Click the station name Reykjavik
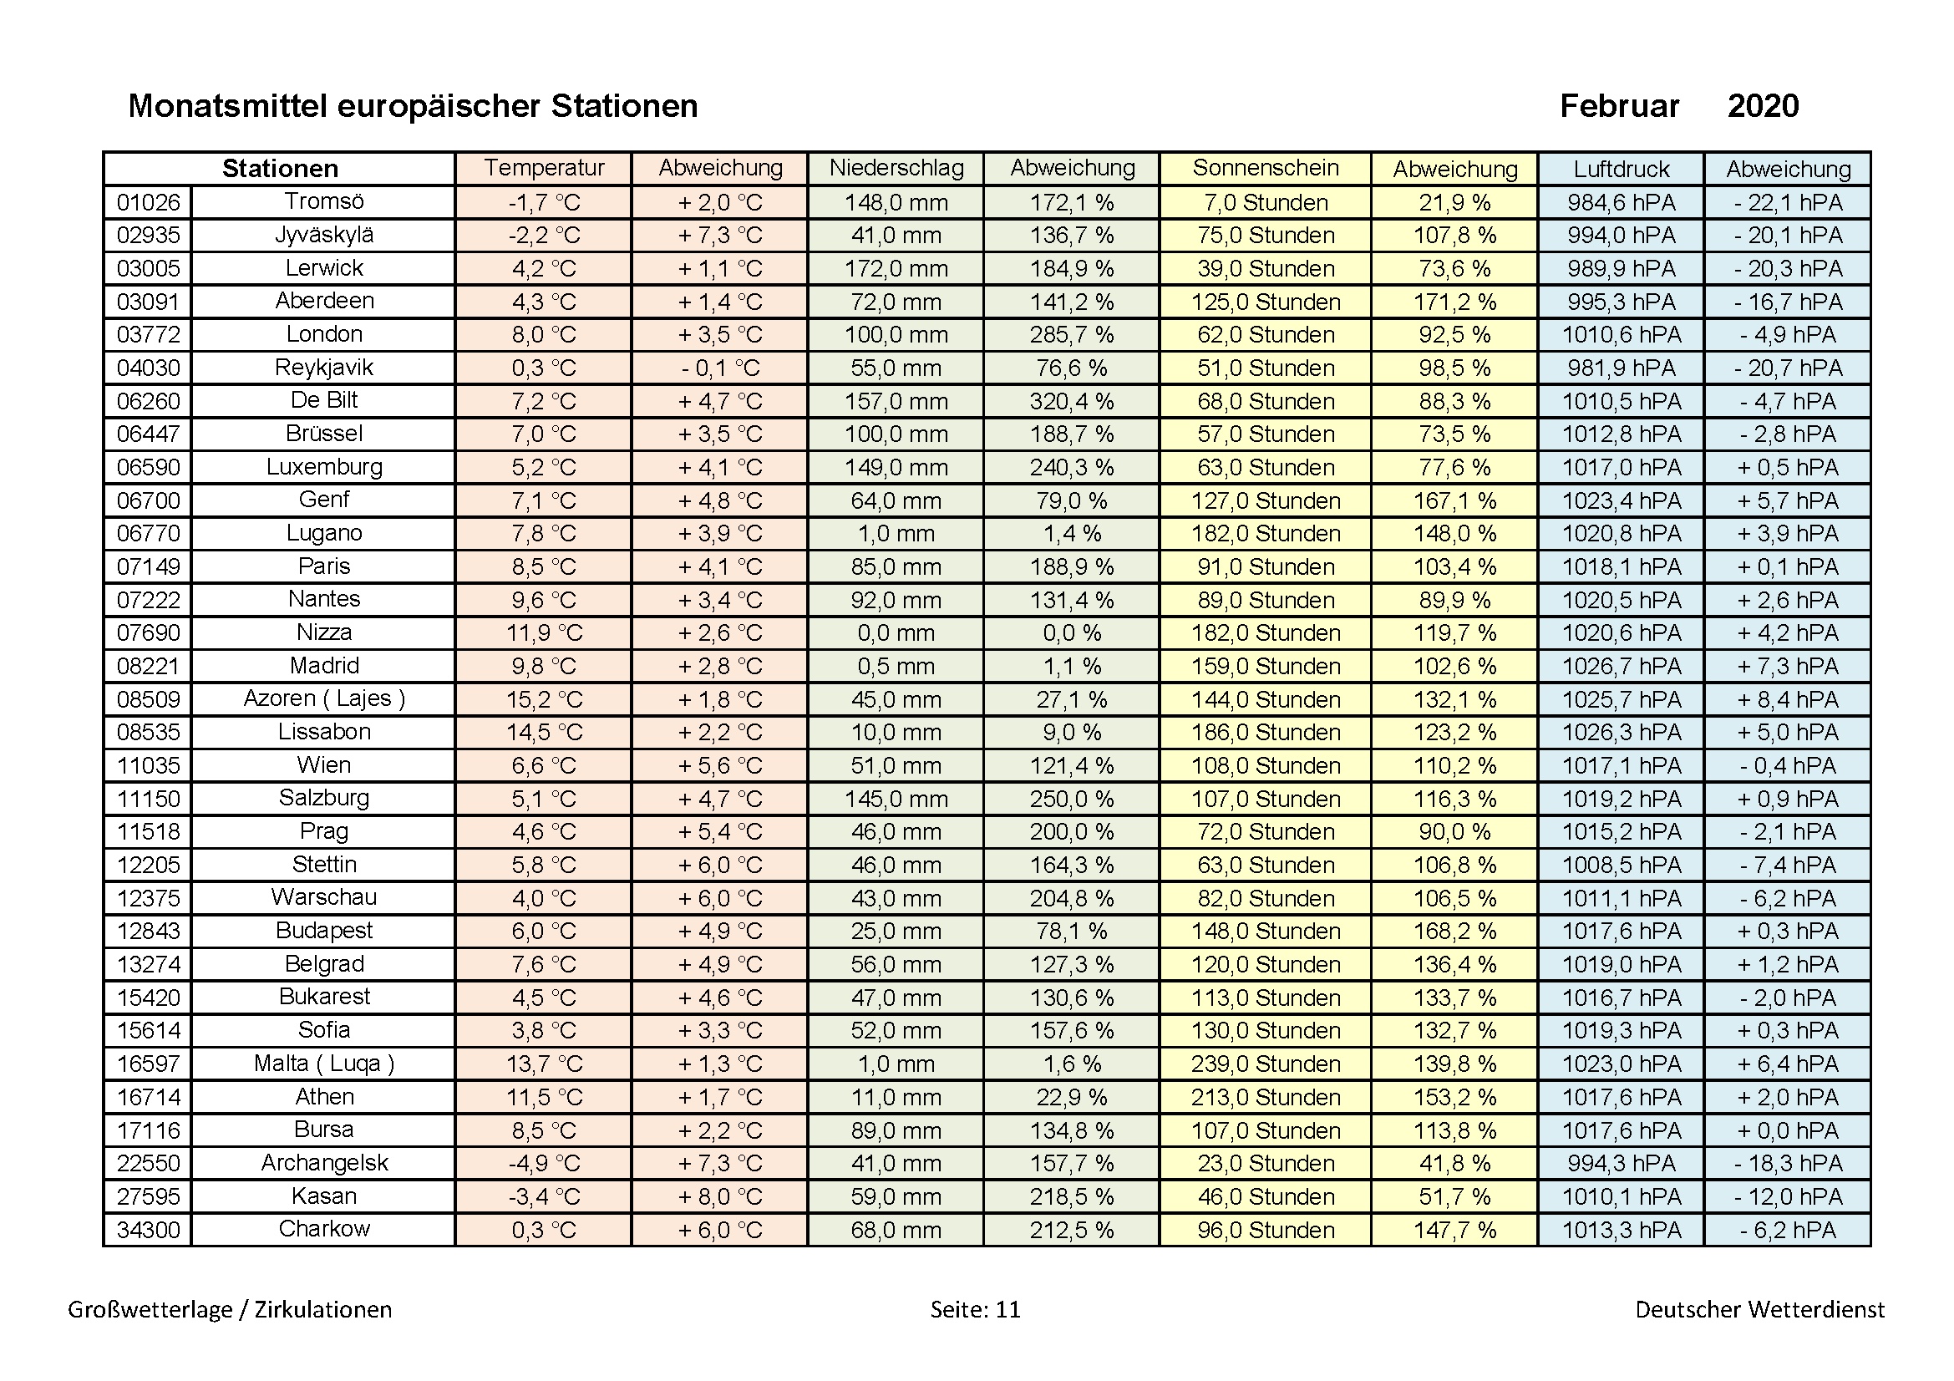[323, 368]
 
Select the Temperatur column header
[544, 168]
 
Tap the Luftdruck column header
[1621, 169]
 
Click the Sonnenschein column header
[1265, 168]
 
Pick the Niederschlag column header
[896, 168]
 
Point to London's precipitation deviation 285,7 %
[1072, 334]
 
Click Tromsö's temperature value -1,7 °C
[544, 202]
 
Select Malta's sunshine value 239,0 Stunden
[1265, 1064]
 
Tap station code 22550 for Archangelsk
[148, 1163]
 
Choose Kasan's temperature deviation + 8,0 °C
[719, 1196]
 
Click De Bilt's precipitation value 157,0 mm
[896, 401]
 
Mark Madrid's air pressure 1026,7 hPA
[1621, 665]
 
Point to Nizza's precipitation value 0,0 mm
[896, 633]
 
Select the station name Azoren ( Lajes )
[323, 698]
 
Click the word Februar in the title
[1619, 106]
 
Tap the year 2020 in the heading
[1763, 106]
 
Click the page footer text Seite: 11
[974, 1308]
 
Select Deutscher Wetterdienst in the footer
[1759, 1308]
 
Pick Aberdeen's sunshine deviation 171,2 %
[1454, 302]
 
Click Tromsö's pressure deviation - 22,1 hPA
[1788, 202]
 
